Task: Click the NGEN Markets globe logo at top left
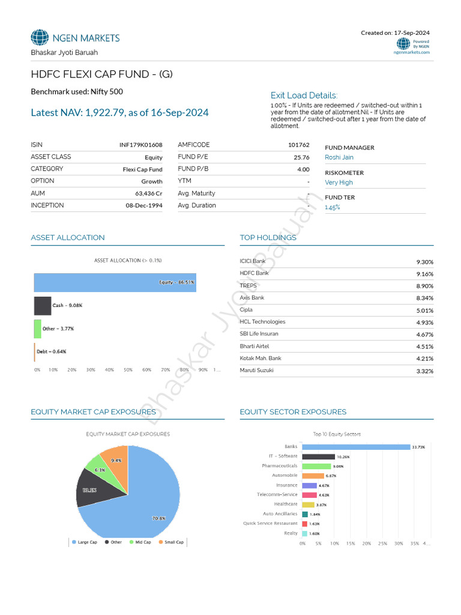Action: click(40, 38)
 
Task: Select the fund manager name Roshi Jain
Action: click(339, 157)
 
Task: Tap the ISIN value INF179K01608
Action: click(141, 145)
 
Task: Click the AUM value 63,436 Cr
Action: click(148, 193)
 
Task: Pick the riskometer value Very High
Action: click(339, 183)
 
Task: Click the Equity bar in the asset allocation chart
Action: click(114, 282)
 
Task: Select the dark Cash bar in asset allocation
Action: click(42, 306)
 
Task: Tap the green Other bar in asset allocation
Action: click(37, 329)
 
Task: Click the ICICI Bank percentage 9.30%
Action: click(424, 262)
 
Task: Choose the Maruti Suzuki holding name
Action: click(256, 370)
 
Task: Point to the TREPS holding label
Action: click(248, 286)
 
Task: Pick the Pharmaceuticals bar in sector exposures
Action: click(316, 466)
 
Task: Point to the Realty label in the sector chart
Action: click(291, 533)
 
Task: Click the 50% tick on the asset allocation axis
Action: click(128, 370)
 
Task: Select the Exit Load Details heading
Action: click(304, 95)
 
